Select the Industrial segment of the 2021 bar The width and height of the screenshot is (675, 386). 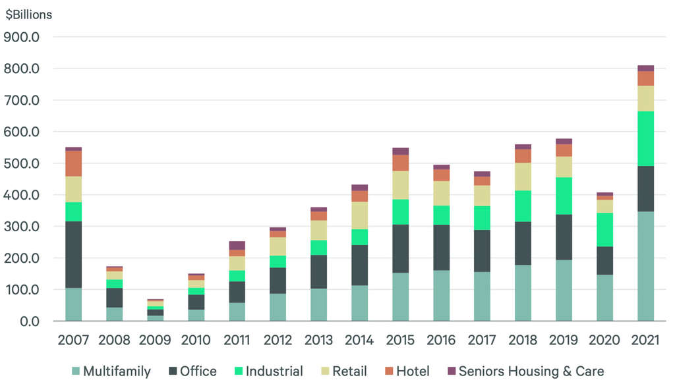click(x=645, y=138)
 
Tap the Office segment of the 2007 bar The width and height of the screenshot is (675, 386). click(x=73, y=254)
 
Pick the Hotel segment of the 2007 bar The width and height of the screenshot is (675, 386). click(x=73, y=163)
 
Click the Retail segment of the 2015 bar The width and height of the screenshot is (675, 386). click(x=400, y=185)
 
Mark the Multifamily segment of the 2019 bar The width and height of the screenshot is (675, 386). click(x=564, y=290)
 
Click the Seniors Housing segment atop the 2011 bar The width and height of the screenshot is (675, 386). click(x=237, y=245)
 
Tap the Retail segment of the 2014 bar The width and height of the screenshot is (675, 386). click(x=359, y=215)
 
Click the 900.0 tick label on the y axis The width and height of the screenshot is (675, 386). click(x=22, y=37)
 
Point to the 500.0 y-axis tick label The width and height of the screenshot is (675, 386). click(x=22, y=163)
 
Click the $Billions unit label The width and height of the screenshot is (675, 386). click(x=28, y=14)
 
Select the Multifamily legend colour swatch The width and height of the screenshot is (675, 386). click(x=74, y=372)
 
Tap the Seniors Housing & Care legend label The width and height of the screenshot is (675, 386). click(x=531, y=372)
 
